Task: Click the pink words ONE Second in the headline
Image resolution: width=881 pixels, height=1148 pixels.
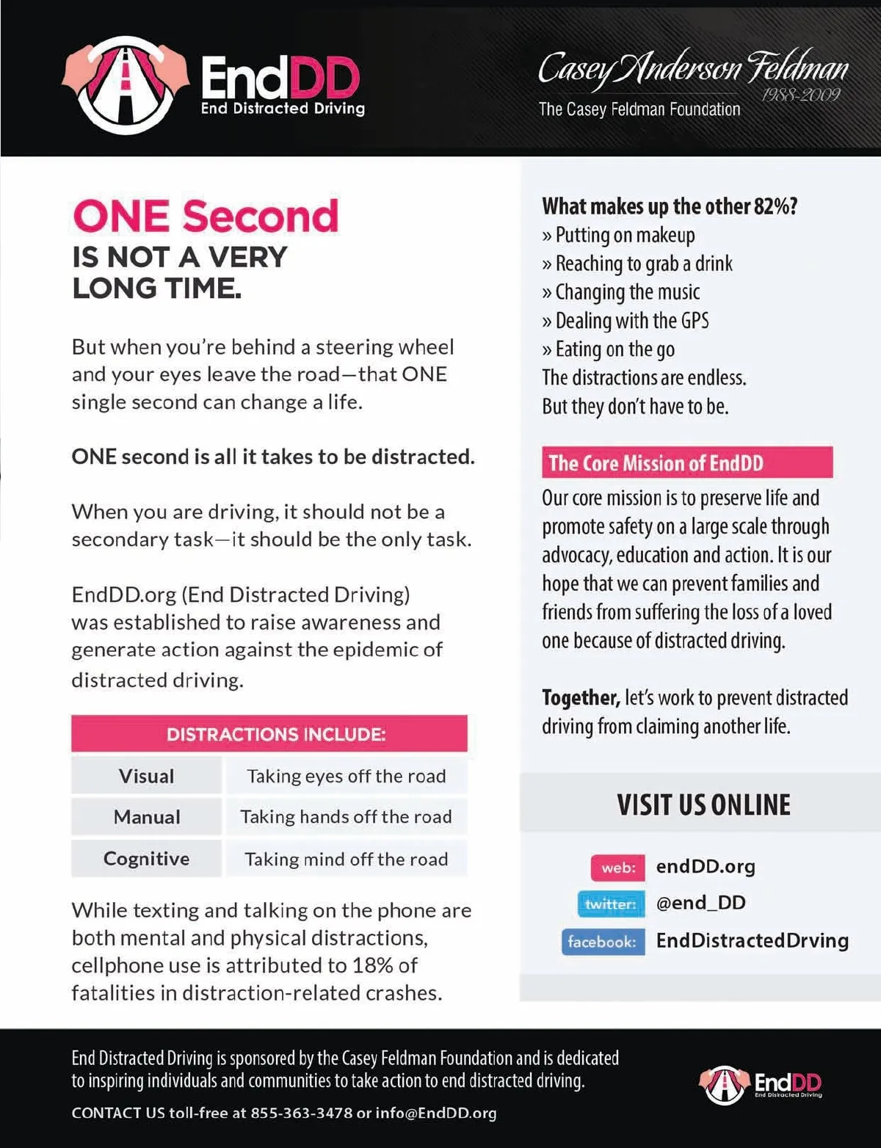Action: point(206,216)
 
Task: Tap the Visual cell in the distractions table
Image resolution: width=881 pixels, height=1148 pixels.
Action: point(146,776)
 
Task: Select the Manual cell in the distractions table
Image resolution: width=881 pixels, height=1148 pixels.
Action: point(146,817)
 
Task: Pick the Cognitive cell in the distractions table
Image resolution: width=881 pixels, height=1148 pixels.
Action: point(146,858)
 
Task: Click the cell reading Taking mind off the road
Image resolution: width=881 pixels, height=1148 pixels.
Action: point(346,859)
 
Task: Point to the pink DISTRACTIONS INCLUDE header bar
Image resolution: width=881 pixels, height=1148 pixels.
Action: point(269,734)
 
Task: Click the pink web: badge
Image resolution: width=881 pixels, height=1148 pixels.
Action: point(618,868)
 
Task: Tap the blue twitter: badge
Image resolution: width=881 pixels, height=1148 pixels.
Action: point(611,904)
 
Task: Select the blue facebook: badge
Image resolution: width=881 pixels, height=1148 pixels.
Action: point(603,941)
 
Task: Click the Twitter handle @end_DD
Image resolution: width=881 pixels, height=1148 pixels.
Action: point(700,903)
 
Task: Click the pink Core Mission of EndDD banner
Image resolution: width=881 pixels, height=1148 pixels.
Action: point(686,463)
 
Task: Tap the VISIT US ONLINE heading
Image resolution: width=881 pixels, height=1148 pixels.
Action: point(703,805)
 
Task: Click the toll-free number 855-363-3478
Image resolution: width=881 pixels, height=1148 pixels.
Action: point(301,1113)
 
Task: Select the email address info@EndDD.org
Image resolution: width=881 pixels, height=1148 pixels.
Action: point(436,1113)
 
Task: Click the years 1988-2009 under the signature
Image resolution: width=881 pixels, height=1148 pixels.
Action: point(800,95)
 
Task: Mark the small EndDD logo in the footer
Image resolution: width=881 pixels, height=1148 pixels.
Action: point(761,1084)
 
